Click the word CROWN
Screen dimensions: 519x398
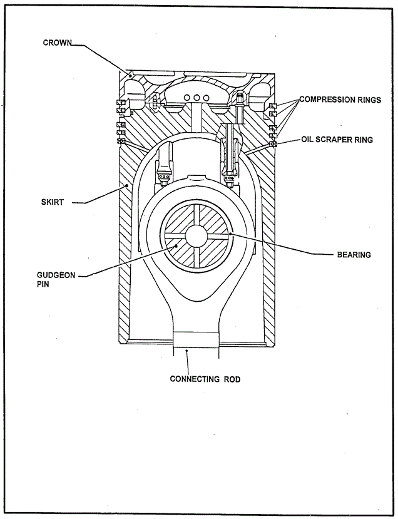click(x=57, y=43)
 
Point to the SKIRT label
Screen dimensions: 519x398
click(x=52, y=202)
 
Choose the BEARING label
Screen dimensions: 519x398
click(x=354, y=255)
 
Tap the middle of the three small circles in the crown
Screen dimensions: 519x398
click(x=196, y=98)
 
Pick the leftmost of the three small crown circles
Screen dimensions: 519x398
click(x=187, y=98)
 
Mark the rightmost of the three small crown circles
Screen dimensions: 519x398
click(x=206, y=98)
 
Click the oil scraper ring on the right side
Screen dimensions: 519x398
click(x=273, y=144)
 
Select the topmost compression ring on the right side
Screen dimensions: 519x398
click(x=273, y=105)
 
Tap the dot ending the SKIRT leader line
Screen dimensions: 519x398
click(x=126, y=185)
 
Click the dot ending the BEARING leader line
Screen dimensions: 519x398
click(x=232, y=234)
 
